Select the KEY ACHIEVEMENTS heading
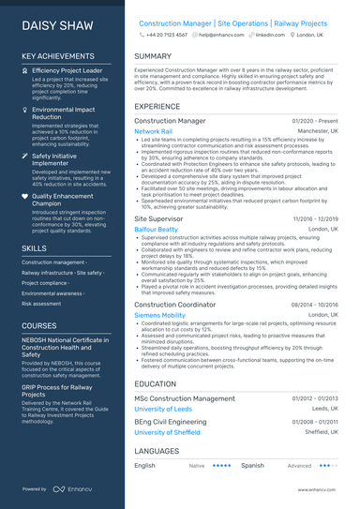(x=62, y=56)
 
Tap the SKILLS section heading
(x=37, y=248)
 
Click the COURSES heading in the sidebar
(x=42, y=325)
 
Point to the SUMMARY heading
(x=153, y=56)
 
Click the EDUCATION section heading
(x=157, y=383)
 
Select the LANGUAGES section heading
(x=158, y=451)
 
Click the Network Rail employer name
(x=153, y=132)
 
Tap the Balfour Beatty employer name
(x=156, y=230)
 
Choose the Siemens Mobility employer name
(x=160, y=316)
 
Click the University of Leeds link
(x=163, y=409)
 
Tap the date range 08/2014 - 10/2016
(x=314, y=305)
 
